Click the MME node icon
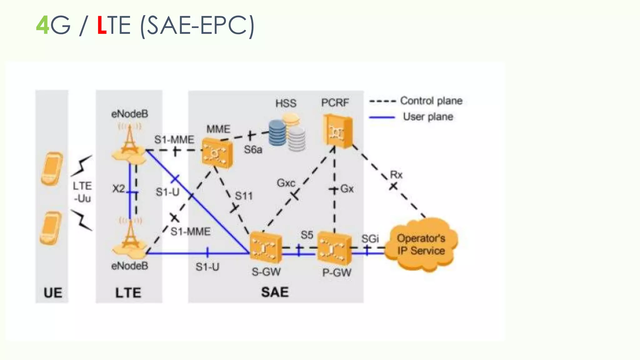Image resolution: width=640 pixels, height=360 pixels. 217,153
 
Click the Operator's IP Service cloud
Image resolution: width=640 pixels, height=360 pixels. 421,245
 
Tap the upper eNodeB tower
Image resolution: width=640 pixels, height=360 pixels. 129,144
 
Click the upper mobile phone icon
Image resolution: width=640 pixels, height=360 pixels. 52,169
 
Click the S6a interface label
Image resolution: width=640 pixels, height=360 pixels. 253,150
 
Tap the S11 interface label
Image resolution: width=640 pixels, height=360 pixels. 243,196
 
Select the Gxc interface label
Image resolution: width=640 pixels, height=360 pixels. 286,183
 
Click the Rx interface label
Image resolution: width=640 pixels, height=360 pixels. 396,175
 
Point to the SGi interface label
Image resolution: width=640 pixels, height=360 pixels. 370,239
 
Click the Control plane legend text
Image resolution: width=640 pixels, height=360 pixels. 431,101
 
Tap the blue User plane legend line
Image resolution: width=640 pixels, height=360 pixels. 382,117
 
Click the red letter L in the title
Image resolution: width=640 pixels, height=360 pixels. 102,25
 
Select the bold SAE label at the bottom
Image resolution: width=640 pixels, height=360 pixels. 275,292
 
